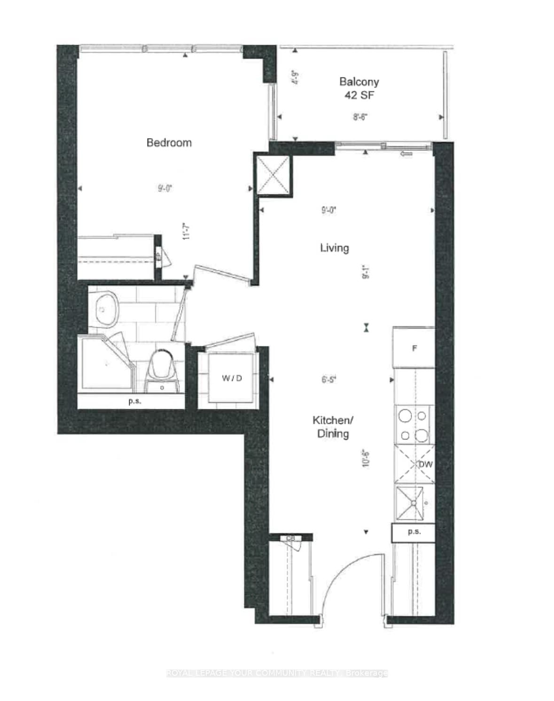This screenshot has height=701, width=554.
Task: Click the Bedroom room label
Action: click(x=169, y=143)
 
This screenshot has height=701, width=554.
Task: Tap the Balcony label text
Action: click(x=359, y=82)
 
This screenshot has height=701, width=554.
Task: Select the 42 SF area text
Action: click(x=359, y=95)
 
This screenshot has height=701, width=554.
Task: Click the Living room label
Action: click(x=334, y=248)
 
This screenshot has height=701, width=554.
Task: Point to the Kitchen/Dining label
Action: click(x=333, y=426)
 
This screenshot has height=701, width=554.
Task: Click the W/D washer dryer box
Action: click(x=232, y=378)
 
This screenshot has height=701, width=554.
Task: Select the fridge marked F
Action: click(x=414, y=348)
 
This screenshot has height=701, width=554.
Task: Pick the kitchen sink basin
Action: click(x=410, y=503)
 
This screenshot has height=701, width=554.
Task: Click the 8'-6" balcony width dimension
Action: click(x=360, y=117)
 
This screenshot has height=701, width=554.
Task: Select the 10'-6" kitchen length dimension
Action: click(x=366, y=458)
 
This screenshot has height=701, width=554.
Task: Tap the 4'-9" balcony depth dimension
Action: click(x=295, y=77)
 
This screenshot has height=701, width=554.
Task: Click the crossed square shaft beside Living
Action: click(x=273, y=175)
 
